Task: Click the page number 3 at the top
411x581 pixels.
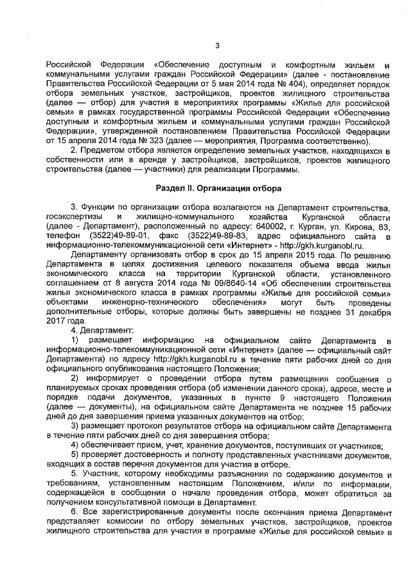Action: tap(217, 45)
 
